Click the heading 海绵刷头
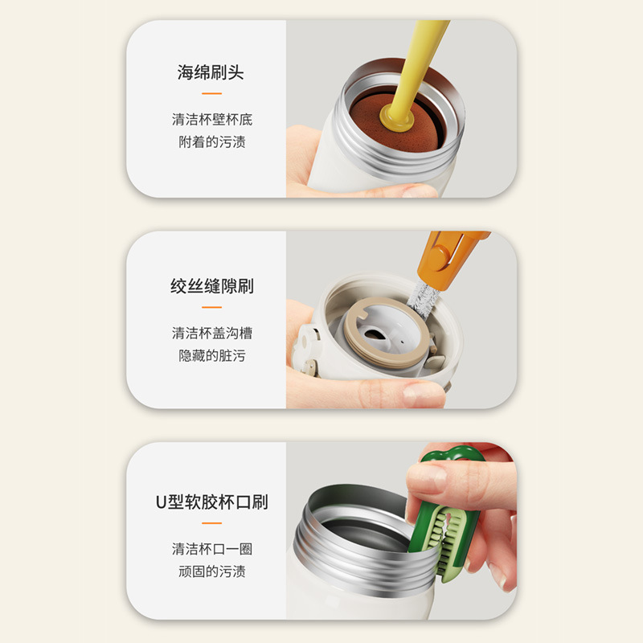point(211,73)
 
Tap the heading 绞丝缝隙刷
point(211,286)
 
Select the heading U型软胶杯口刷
point(211,503)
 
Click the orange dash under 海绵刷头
point(211,95)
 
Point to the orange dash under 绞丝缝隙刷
point(211,307)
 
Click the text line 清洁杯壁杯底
point(211,120)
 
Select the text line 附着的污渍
point(211,142)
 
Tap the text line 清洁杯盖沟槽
point(211,332)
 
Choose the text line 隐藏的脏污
point(211,355)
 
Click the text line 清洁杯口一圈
point(211,549)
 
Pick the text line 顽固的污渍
point(211,571)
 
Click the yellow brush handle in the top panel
point(423,56)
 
